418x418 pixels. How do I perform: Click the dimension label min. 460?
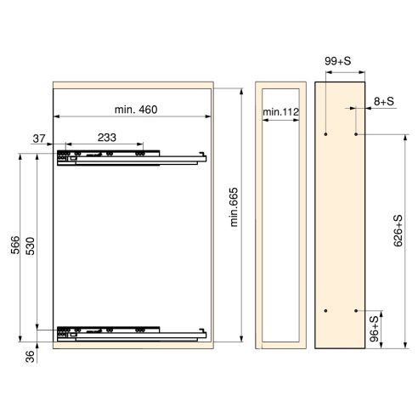click(x=136, y=110)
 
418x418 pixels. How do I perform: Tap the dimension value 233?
click(x=107, y=136)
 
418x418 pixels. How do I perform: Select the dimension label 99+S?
click(x=339, y=61)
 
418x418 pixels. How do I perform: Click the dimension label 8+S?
click(x=382, y=101)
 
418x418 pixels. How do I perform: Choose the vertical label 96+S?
click(x=375, y=329)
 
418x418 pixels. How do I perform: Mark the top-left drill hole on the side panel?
click(x=327, y=134)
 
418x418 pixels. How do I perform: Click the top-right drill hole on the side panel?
click(x=356, y=134)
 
